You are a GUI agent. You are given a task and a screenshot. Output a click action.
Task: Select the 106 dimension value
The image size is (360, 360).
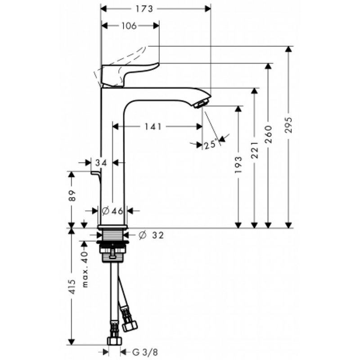click(129, 26)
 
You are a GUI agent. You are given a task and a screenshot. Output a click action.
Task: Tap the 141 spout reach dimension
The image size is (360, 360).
click(153, 127)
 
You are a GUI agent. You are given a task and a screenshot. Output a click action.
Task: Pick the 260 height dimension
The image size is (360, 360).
click(269, 134)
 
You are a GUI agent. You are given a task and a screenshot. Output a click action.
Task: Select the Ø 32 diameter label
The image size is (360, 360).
click(150, 235)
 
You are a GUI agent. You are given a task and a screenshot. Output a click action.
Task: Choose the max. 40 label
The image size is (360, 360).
click(84, 269)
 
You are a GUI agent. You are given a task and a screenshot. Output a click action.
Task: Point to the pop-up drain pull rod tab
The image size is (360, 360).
click(95, 173)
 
